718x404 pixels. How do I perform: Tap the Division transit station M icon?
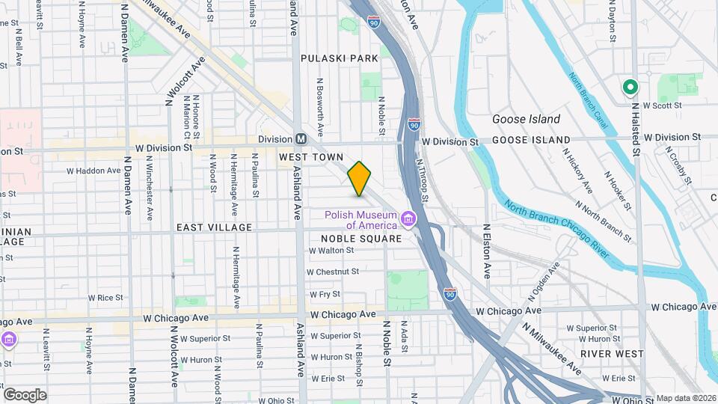point(301,139)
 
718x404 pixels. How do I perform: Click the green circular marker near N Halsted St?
point(630,88)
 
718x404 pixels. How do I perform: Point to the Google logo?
point(25,394)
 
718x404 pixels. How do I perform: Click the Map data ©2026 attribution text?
point(685,399)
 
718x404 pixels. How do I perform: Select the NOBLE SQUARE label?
point(360,239)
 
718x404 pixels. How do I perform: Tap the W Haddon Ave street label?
point(93,171)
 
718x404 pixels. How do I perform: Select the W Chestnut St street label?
point(334,272)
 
